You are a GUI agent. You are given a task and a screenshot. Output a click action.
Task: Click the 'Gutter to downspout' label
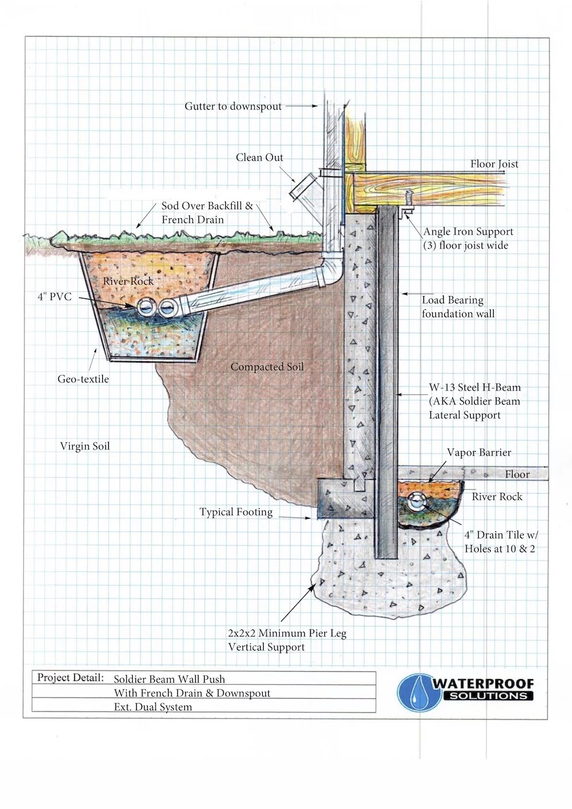[x=233, y=106]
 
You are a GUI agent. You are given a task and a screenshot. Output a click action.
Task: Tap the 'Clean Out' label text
[x=259, y=157]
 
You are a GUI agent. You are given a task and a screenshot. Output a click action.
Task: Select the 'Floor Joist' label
[x=494, y=164]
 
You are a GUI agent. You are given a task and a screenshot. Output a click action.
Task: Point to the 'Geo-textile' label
[x=83, y=378]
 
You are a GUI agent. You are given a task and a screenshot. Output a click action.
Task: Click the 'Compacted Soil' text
[x=267, y=366]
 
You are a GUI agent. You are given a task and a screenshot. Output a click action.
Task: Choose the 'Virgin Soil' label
[x=85, y=446]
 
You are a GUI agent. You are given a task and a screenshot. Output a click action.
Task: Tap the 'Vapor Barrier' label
[x=479, y=452]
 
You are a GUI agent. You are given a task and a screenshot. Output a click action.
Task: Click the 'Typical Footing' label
[x=236, y=512]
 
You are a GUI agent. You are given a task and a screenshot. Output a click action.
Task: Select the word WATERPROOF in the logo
[x=483, y=683]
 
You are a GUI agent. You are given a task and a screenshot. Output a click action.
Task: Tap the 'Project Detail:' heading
[x=70, y=678]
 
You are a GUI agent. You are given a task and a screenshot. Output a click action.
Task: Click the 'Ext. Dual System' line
[x=153, y=707]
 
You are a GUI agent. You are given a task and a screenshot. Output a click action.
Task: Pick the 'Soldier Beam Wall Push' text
[x=169, y=679]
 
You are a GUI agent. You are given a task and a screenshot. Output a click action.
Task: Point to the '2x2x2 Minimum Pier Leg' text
[x=287, y=633]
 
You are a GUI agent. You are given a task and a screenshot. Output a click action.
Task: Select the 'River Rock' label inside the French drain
[x=128, y=281]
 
